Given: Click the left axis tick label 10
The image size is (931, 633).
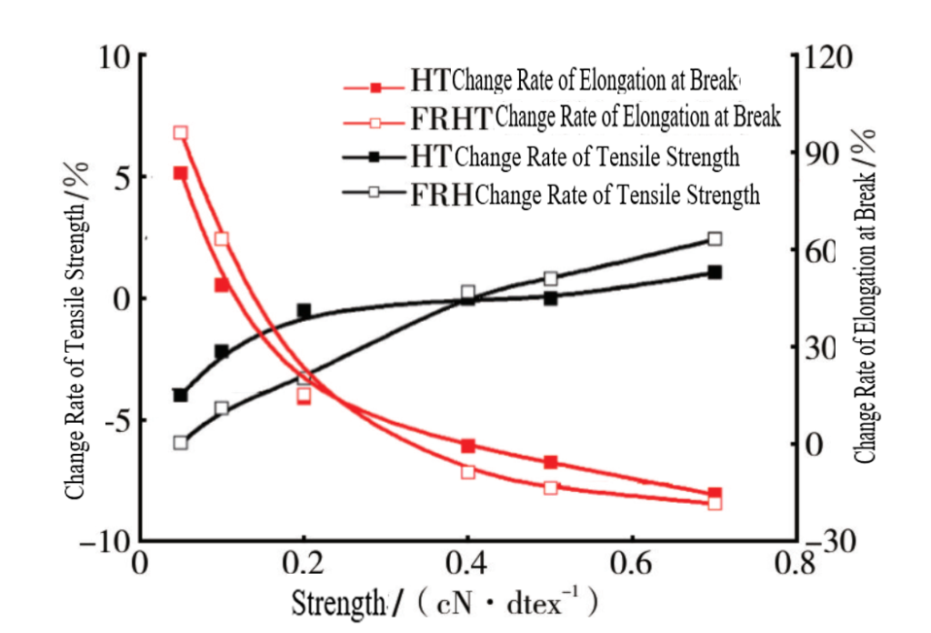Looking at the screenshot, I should [116, 56].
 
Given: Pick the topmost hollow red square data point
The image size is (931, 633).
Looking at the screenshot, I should [180, 133].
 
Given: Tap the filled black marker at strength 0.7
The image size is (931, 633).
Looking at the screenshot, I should [715, 272].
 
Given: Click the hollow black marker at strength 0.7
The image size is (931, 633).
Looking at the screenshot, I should [715, 239].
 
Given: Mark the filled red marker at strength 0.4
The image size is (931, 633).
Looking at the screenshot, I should [467, 446].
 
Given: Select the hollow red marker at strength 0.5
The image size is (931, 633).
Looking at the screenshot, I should [550, 487].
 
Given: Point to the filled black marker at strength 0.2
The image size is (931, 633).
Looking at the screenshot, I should [304, 311].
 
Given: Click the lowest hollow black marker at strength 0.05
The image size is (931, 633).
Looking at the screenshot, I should [180, 443].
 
